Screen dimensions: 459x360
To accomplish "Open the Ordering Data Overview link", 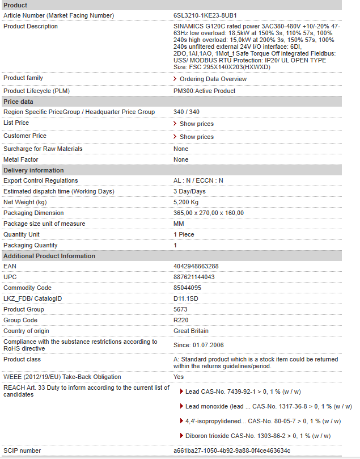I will pos(213,79).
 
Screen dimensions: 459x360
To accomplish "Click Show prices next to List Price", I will pos(196,124).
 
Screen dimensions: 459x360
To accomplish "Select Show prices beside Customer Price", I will pos(196,137).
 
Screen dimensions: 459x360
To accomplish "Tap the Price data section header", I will pos(19,102).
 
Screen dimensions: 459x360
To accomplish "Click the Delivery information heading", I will pos(33,170).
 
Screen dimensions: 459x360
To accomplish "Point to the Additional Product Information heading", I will pos(49,256).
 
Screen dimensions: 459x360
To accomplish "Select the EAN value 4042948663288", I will pos(196,266).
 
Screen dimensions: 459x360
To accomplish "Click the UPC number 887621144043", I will pos(194,277).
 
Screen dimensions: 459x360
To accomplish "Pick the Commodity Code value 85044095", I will pos(187,288).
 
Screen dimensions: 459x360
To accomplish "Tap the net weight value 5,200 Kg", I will pos(186,202).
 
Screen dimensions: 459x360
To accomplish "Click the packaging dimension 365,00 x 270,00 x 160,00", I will pos(209,213).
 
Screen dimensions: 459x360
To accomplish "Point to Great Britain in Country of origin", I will pos(191,331).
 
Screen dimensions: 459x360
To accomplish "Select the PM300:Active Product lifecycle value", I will pos(204,91).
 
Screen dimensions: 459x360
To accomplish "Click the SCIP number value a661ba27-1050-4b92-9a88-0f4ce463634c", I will pos(232,450).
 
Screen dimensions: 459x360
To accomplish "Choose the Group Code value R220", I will pos(181,320).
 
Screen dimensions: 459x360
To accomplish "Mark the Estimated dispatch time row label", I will pos(59,191).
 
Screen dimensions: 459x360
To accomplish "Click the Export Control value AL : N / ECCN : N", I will pos(198,180).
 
